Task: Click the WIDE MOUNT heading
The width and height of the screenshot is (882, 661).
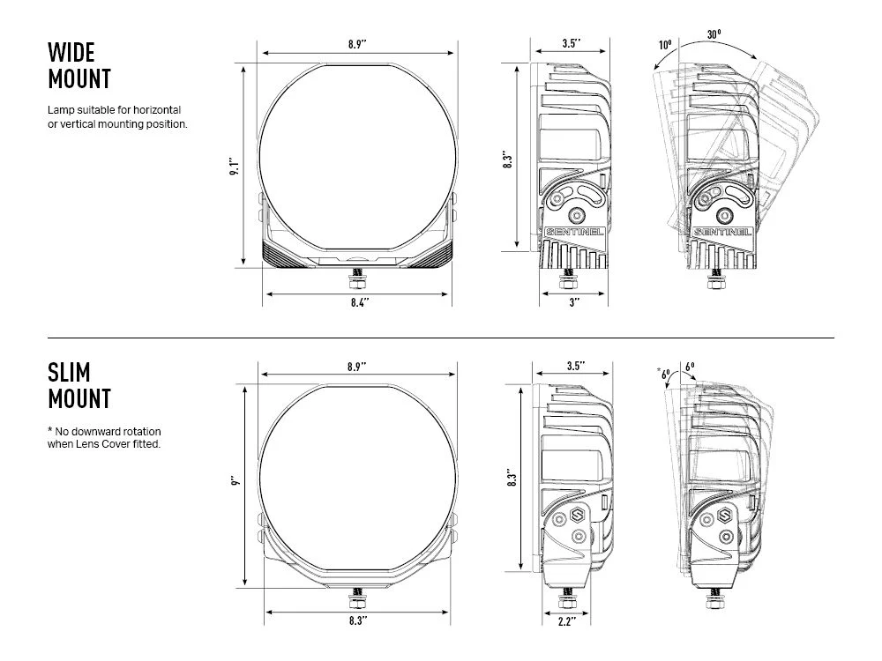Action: [79, 66]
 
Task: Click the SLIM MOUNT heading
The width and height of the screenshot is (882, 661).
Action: [79, 386]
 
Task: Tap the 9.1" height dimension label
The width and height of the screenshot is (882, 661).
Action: [235, 166]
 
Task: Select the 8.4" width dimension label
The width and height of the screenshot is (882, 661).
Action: [360, 302]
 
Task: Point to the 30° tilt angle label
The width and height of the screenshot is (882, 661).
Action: [714, 34]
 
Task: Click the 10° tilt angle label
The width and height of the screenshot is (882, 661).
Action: [665, 44]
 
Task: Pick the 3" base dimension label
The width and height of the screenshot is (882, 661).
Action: [574, 302]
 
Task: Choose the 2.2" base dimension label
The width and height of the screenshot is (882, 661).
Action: [566, 621]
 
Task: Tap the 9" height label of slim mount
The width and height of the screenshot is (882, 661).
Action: [235, 481]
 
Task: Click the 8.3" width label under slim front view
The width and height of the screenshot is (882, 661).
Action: [358, 620]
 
